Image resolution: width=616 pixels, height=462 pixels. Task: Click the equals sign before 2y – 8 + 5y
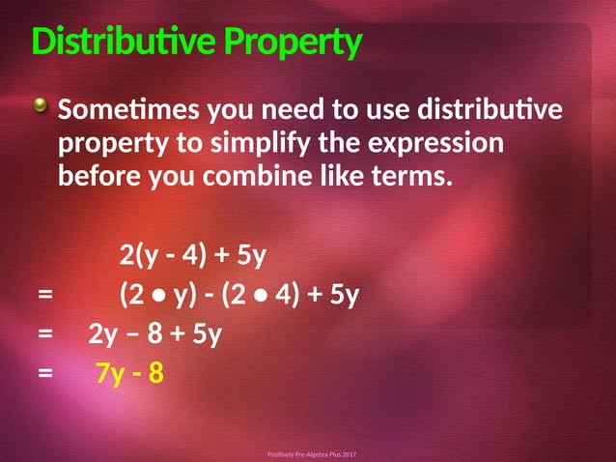(x=44, y=334)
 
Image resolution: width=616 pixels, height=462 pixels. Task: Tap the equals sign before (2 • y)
(x=44, y=295)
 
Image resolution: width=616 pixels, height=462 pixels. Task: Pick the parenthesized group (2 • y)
(x=156, y=295)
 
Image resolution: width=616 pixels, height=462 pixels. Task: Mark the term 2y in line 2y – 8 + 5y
(x=102, y=334)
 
